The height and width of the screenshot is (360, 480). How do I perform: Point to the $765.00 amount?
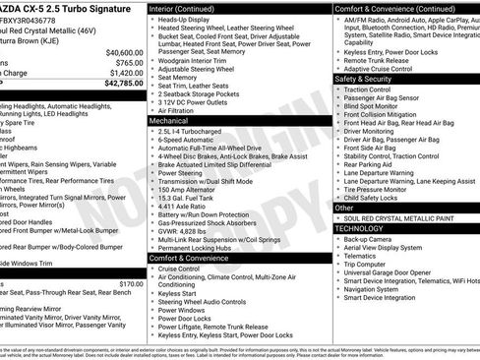(130, 62)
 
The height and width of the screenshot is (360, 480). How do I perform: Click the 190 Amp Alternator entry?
(193, 189)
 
